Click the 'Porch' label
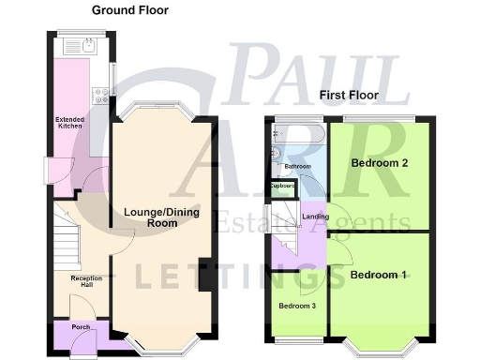pos(71,328)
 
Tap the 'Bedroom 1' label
pos(378,276)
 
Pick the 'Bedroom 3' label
pos(295,307)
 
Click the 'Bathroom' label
pos(298,167)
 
